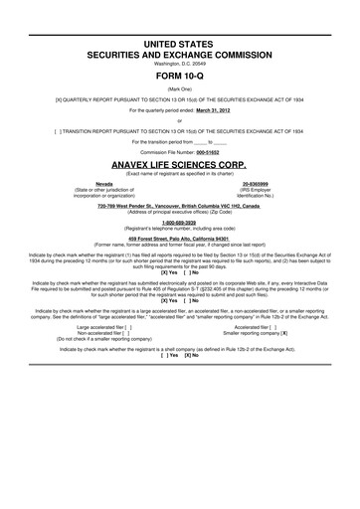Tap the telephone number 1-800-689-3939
[x=180, y=222]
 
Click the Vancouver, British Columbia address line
[x=180, y=206]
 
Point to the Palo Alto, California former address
[x=180, y=239]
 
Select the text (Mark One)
[x=180, y=88]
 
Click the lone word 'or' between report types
[x=180, y=121]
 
